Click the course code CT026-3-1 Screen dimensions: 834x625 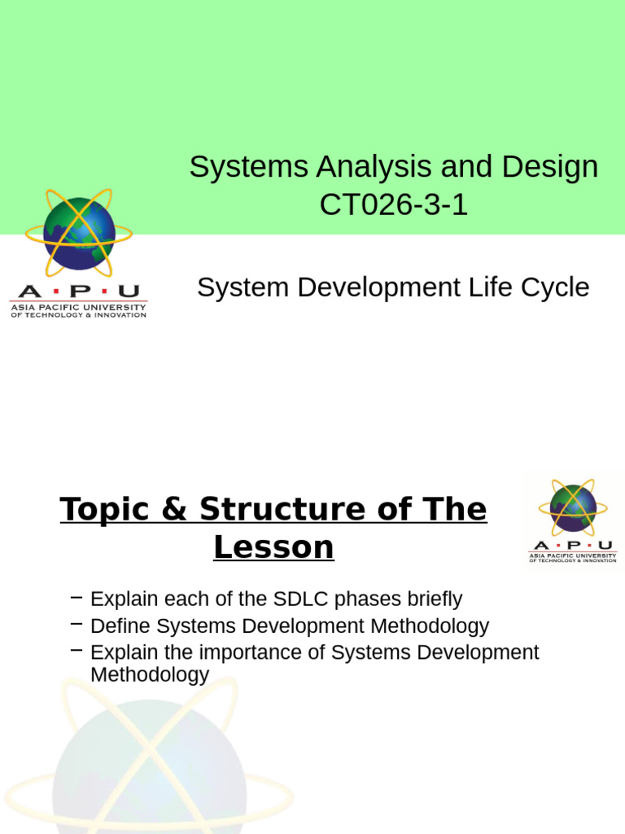click(x=394, y=205)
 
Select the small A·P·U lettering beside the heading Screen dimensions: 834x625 click(x=572, y=546)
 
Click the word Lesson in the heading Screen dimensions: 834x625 click(x=273, y=547)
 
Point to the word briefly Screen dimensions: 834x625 click(x=431, y=599)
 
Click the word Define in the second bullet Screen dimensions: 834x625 click(x=120, y=626)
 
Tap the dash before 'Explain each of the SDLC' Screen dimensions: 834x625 click(x=77, y=598)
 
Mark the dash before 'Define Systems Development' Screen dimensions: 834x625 click(x=77, y=625)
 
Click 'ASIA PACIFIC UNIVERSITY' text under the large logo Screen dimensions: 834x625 click(x=78, y=307)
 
